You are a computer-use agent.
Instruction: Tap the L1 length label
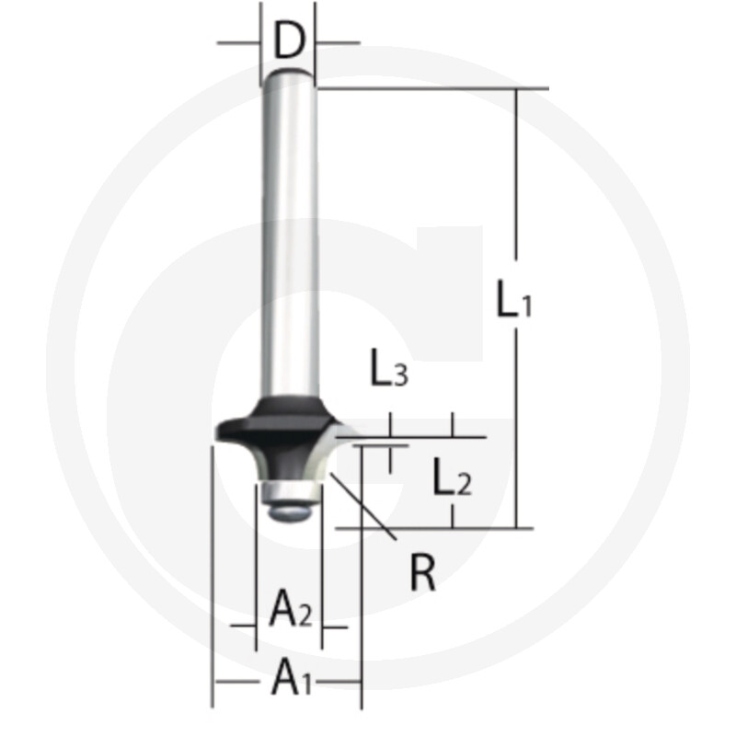click(x=513, y=297)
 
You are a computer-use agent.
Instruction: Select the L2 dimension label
click(x=452, y=477)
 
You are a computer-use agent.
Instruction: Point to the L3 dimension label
click(x=389, y=367)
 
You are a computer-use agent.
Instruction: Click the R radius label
click(x=423, y=572)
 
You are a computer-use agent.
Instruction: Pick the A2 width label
click(x=291, y=608)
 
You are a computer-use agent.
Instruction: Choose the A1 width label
click(x=291, y=676)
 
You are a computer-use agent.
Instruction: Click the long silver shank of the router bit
click(x=290, y=235)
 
